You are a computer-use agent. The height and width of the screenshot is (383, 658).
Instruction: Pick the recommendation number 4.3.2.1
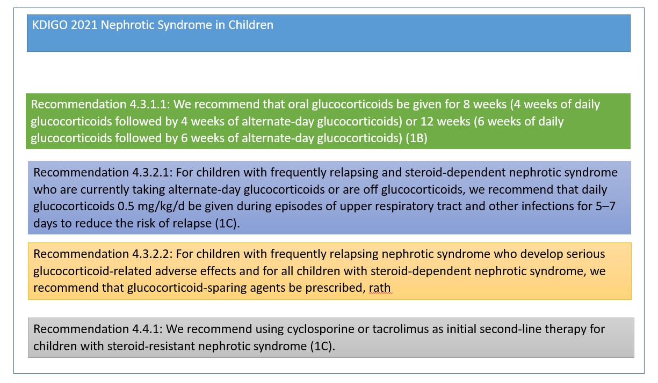(153, 173)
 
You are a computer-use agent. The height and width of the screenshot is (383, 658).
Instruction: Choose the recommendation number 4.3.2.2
(154, 254)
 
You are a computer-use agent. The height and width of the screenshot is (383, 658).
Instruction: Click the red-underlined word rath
(380, 288)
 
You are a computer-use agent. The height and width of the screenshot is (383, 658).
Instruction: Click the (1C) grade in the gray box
(322, 345)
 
